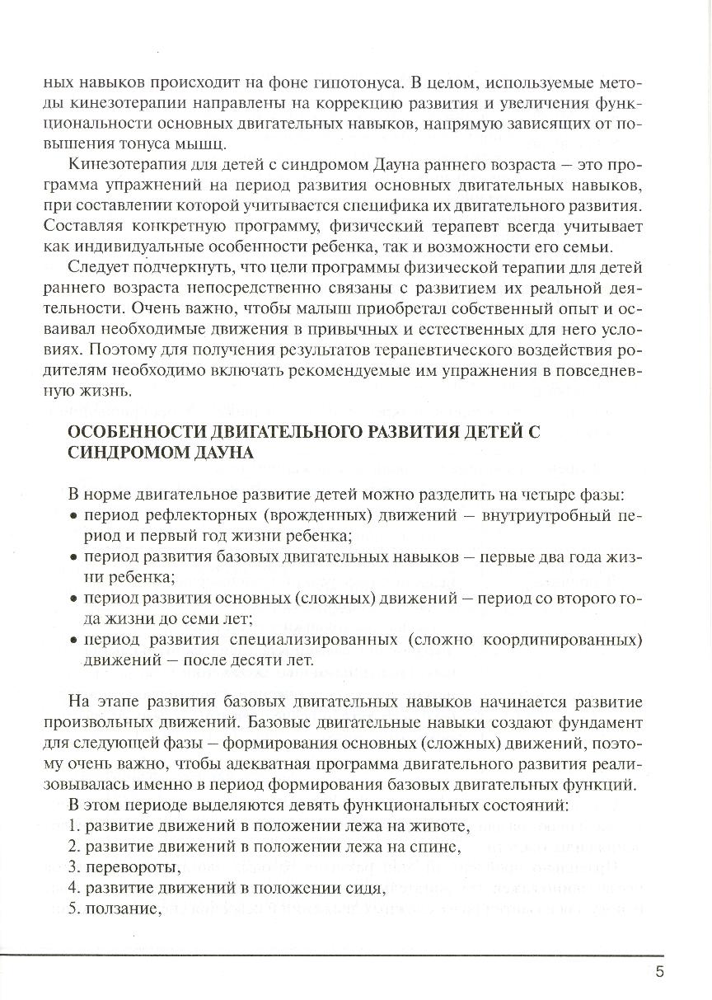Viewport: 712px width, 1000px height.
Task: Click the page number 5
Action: pos(660,971)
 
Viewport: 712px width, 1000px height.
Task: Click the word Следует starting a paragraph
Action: pos(96,267)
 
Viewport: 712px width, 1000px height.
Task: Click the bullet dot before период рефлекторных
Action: pos(73,517)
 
